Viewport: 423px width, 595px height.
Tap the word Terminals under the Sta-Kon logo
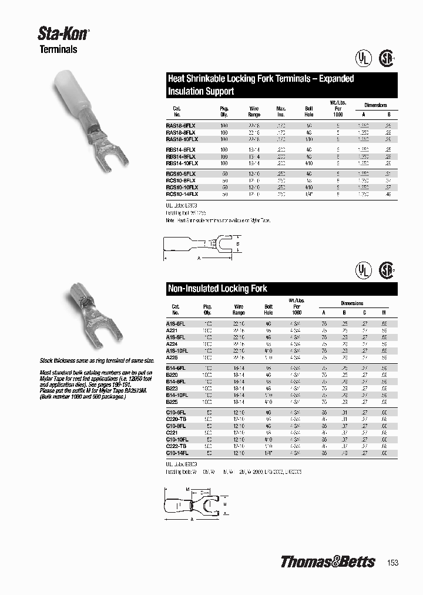(58, 50)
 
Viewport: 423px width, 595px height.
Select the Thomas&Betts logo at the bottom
(327, 561)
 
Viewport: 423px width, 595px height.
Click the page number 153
(393, 563)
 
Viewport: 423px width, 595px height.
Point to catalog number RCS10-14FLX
(182, 193)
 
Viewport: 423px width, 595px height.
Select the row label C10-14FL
(177, 454)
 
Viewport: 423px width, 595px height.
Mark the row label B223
(172, 389)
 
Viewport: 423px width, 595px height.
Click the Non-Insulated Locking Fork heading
(217, 289)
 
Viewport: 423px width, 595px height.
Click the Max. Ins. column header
(280, 111)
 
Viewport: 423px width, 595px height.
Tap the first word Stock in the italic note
(48, 360)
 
